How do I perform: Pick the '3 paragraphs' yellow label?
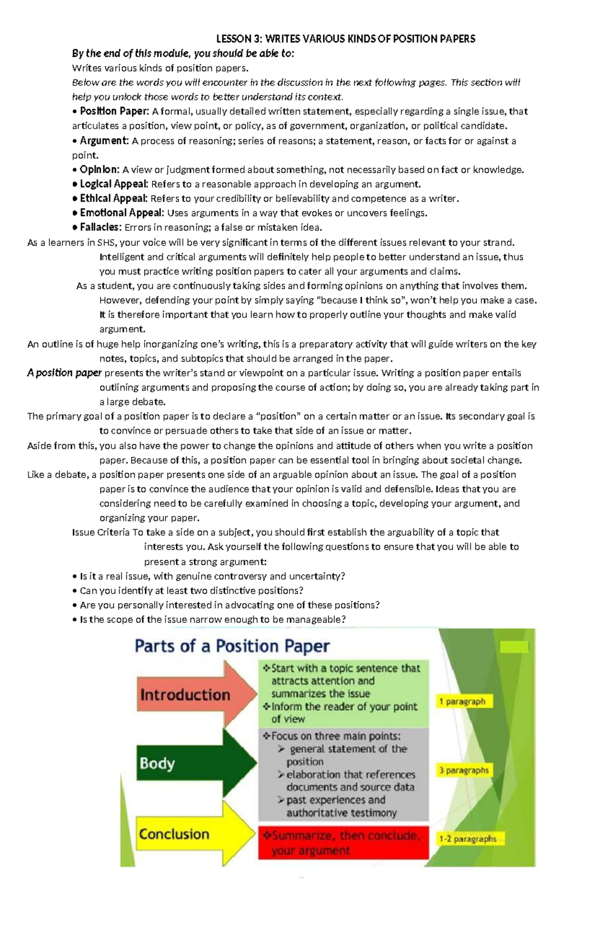464,770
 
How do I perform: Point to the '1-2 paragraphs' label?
468,838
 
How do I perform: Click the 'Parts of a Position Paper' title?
232,646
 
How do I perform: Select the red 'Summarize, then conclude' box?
343,843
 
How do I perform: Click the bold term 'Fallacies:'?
100,227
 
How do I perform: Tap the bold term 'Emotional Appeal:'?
122,213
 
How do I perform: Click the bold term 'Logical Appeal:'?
113,184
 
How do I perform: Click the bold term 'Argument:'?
104,141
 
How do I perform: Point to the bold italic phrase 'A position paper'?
64,373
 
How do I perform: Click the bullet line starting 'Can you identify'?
192,591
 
